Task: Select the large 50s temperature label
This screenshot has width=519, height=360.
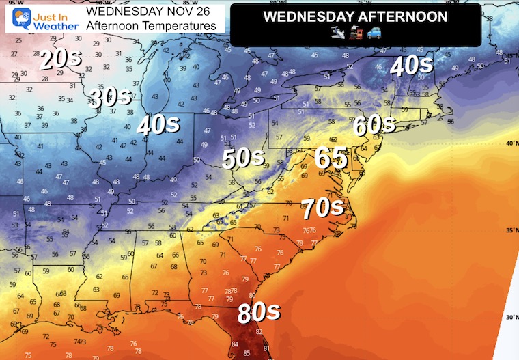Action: tap(243, 158)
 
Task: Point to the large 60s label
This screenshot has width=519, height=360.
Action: tap(374, 125)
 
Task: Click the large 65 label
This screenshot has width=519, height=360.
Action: tap(331, 157)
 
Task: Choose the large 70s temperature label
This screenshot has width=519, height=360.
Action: tap(323, 204)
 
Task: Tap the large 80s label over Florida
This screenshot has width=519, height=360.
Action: tap(259, 312)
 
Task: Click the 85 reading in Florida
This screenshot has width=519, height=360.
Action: tap(246, 354)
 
